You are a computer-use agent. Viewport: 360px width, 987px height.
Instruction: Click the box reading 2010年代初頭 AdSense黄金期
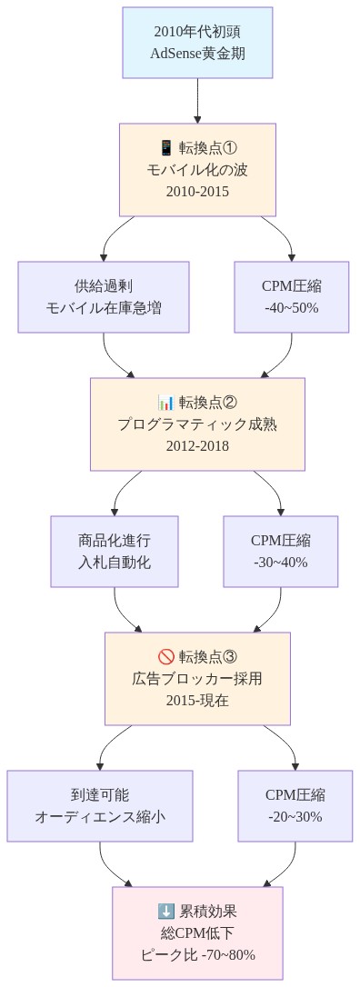(197, 43)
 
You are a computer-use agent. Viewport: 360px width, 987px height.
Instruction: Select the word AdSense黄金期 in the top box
(197, 53)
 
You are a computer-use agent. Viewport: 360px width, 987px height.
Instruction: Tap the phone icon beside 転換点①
(165, 148)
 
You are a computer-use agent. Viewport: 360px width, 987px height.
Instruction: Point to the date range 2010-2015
(197, 191)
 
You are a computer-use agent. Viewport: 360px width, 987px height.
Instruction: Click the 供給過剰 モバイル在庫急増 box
(104, 296)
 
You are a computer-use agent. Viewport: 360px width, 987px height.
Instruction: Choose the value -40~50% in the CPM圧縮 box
(291, 307)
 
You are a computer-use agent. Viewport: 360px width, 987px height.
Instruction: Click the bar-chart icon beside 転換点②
(165, 403)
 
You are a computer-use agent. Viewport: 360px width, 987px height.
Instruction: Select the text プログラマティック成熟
(197, 424)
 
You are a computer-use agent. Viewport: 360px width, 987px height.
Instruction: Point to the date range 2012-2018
(197, 445)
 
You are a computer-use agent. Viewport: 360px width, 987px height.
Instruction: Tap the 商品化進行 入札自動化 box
(115, 551)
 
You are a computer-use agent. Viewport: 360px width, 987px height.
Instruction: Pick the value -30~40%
(280, 562)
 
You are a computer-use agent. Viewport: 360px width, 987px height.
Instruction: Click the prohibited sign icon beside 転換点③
(165, 657)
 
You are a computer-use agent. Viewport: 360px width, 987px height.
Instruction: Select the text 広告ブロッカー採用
(197, 679)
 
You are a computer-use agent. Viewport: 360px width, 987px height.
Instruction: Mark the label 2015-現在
(197, 700)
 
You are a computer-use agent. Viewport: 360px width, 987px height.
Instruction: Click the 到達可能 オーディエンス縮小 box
(100, 805)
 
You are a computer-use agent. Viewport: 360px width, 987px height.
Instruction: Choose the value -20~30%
(295, 816)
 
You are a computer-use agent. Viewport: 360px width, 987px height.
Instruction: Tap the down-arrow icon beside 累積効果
(165, 912)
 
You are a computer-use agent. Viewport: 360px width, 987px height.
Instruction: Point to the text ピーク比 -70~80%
(197, 954)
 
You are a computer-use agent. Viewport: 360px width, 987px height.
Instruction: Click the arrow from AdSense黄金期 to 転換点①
(197, 101)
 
